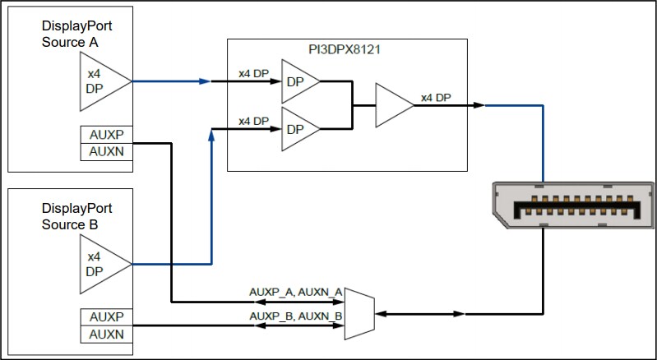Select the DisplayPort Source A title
pyautogui.click(x=76, y=35)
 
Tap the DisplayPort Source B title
pyautogui.click(x=76, y=216)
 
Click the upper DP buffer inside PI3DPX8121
pyautogui.click(x=297, y=81)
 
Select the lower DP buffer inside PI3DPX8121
pyautogui.click(x=297, y=128)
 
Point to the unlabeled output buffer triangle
pyautogui.click(x=392, y=105)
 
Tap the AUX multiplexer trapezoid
pyautogui.click(x=359, y=312)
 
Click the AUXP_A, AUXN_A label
pyautogui.click(x=297, y=292)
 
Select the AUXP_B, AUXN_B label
pyautogui.click(x=297, y=316)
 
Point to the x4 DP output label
pyautogui.click(x=435, y=98)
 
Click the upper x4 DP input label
pyautogui.click(x=253, y=74)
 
